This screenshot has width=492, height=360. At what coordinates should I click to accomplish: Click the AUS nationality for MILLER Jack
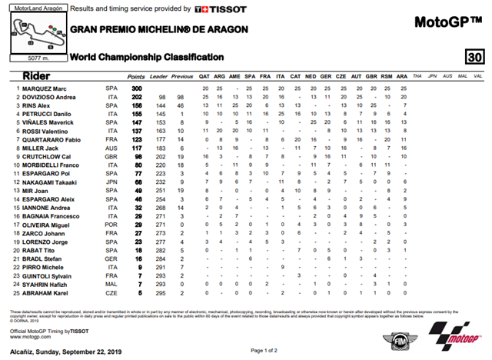(x=111, y=148)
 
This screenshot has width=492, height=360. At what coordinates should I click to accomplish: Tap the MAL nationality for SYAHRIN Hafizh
(x=111, y=284)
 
